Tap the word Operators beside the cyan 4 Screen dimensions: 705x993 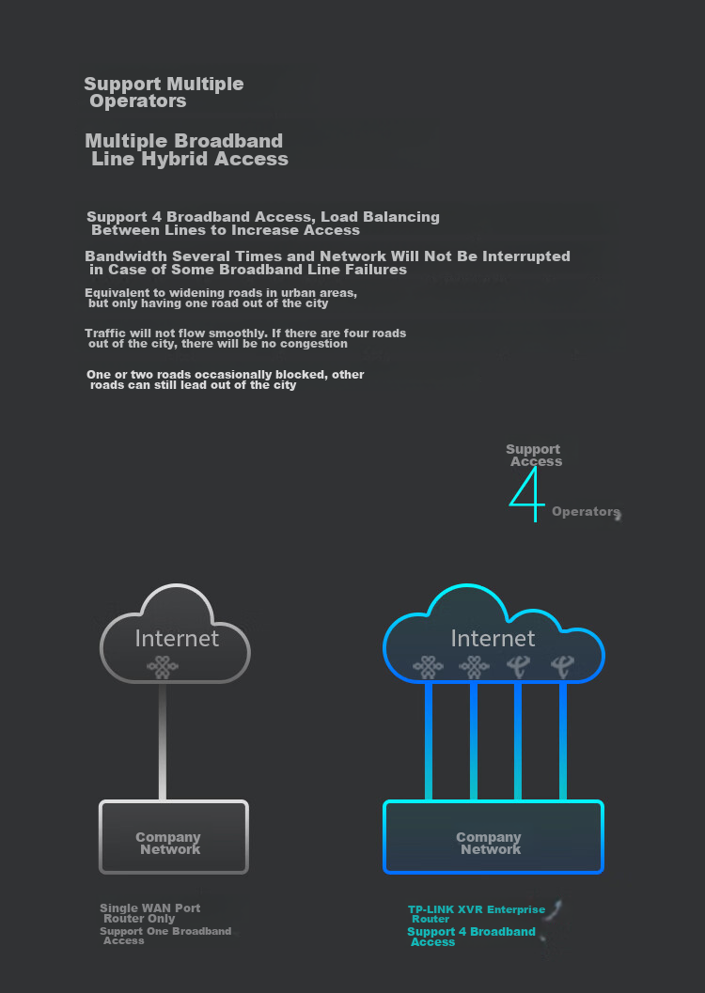[586, 512]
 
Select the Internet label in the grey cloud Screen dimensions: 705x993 [177, 639]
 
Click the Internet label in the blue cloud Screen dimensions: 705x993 [493, 639]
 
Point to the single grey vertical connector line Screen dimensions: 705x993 [163, 741]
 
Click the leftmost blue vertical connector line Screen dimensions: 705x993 [429, 741]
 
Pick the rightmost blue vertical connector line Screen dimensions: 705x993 [563, 741]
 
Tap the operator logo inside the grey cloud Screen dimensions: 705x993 [163, 667]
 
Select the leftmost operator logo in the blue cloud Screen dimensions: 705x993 [429, 667]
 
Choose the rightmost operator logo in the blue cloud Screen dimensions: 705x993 [562, 666]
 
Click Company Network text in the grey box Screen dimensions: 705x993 [168, 844]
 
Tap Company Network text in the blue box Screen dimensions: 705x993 [489, 844]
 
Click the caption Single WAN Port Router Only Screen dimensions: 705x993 [150, 913]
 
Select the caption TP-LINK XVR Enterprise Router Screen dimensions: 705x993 [477, 914]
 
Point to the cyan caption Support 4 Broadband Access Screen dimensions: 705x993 [471, 937]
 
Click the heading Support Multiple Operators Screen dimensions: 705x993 [164, 92]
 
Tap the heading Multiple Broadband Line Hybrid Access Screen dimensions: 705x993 [187, 150]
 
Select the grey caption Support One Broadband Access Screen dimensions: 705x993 [165, 936]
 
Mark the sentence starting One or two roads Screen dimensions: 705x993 [226, 380]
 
